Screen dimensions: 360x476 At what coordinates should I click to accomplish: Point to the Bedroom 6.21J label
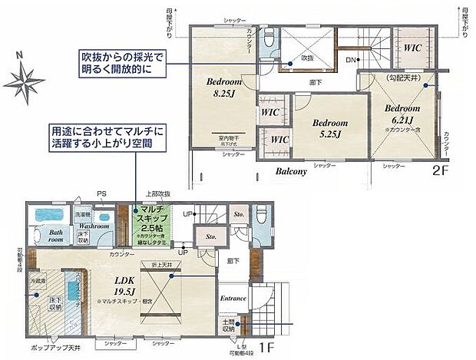(x=403, y=114)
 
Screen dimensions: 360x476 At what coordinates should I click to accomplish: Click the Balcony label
(x=292, y=172)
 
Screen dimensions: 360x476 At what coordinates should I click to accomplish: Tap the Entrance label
(x=233, y=298)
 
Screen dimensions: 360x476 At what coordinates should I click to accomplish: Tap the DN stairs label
(x=349, y=60)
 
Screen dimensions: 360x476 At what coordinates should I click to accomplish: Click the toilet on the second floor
(x=269, y=38)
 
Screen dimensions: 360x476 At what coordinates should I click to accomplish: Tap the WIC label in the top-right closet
(x=413, y=47)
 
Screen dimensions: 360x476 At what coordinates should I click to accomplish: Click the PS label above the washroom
(x=101, y=193)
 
